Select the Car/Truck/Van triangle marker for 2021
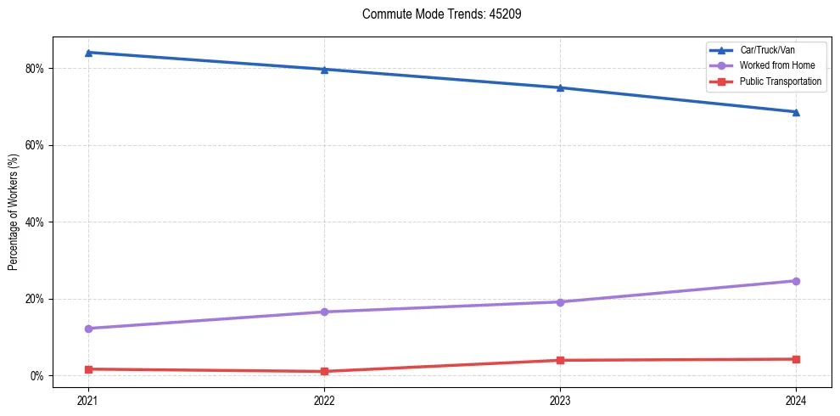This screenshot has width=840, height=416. point(88,53)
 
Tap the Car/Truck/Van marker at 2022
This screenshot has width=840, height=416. point(324,70)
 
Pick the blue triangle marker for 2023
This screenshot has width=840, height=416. point(560,87)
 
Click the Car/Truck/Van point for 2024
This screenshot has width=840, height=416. point(796,112)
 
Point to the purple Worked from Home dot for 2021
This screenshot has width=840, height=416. point(88,329)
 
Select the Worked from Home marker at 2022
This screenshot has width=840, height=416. point(324,312)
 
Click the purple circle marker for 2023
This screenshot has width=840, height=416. point(560,302)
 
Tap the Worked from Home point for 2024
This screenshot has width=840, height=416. point(796,281)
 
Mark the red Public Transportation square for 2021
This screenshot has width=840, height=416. point(88,369)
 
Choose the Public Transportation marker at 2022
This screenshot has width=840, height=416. point(324,371)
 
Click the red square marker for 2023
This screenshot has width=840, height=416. point(560,360)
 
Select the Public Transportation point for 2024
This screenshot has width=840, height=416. point(796,359)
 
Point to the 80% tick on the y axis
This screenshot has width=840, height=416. point(35,69)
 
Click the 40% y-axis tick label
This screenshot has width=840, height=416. point(35,222)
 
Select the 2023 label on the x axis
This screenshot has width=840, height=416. point(560,400)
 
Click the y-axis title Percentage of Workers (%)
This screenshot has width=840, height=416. point(14,212)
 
